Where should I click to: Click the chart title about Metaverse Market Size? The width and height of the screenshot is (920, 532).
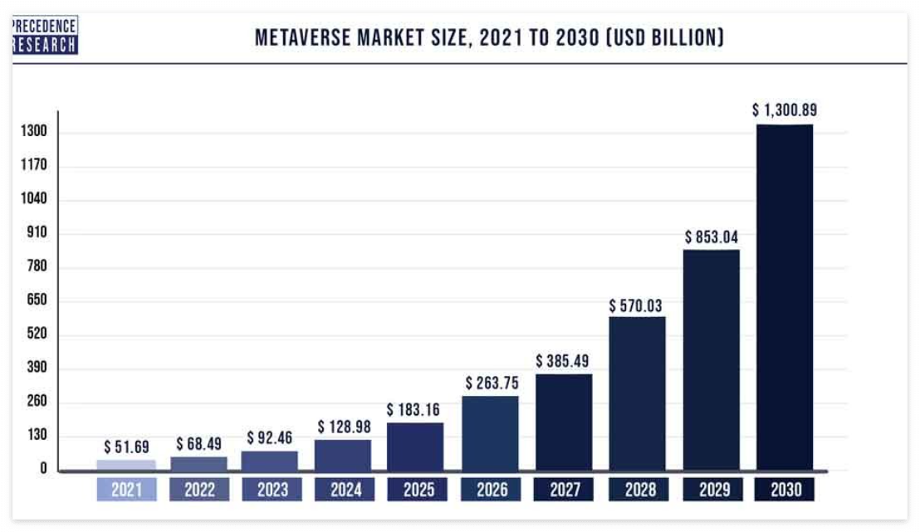(x=489, y=37)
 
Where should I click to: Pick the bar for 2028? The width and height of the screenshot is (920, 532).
(x=637, y=393)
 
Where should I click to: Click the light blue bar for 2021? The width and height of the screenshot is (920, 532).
(x=126, y=465)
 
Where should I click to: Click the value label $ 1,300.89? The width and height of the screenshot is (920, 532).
(x=784, y=110)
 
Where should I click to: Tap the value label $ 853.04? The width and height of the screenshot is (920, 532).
(x=711, y=237)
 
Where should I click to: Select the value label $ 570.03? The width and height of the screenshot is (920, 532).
(x=637, y=305)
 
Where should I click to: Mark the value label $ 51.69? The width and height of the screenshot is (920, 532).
(x=126, y=447)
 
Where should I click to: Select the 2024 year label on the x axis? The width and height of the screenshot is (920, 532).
(x=345, y=490)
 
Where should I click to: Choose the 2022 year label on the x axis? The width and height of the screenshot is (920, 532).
(x=199, y=490)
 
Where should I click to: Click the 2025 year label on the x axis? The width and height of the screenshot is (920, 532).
(x=418, y=490)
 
